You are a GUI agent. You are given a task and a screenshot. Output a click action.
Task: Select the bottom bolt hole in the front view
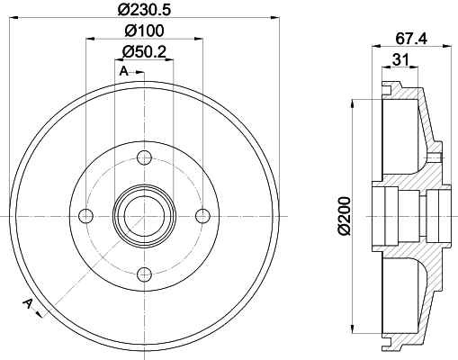click(x=144, y=274)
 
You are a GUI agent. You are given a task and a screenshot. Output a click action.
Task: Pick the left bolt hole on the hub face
click(x=86, y=215)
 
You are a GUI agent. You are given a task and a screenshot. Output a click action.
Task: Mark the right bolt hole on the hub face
click(x=202, y=215)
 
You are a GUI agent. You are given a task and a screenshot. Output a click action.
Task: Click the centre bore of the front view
click(x=144, y=215)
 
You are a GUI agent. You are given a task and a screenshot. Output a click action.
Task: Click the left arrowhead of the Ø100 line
click(x=89, y=40)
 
